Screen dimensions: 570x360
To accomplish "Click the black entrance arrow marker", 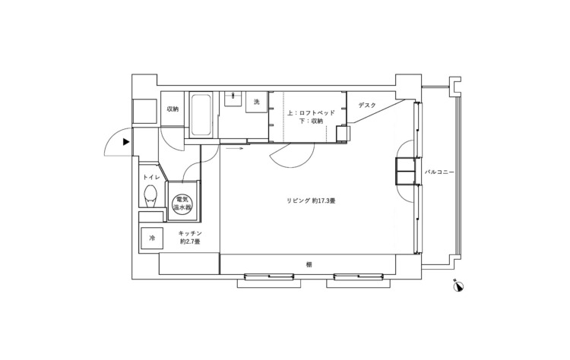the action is point(126,142).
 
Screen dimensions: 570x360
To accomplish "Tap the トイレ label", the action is point(151,177).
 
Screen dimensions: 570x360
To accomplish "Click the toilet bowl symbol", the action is point(151,196).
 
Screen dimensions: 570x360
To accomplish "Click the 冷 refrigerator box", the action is point(151,238).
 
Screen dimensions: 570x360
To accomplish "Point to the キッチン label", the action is point(190,234).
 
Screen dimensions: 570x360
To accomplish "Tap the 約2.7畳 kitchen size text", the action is point(190,242).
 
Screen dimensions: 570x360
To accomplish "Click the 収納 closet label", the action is point(173,109).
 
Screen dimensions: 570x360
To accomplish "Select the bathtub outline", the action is point(201,115).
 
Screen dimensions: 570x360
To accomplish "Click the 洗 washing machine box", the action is point(257,102).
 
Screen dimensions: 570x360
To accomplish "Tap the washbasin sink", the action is point(233,99).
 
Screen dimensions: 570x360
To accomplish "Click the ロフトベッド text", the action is point(315,113).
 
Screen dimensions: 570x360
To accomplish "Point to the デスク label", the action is point(367,106).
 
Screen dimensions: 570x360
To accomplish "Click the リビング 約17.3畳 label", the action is point(311,201).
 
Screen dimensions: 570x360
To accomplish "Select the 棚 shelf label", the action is point(309,265).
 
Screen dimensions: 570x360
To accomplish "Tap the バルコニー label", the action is point(439,172).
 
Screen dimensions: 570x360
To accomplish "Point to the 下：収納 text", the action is point(311,121).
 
